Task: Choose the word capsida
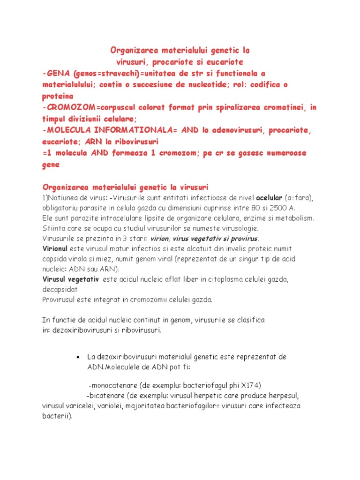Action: (56, 259)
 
